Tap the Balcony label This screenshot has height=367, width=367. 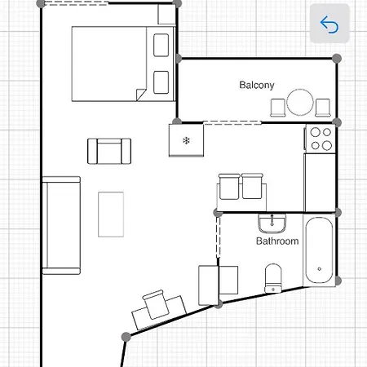coord(256,85)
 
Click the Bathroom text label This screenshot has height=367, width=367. coord(277,241)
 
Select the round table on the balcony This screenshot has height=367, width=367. coord(299,103)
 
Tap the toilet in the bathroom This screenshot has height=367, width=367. coord(273,276)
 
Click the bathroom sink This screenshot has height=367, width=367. coord(271,223)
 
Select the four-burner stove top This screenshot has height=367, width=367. coord(321,139)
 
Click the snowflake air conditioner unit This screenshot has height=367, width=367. coord(186,140)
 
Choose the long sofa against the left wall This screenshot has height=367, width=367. coord(62,224)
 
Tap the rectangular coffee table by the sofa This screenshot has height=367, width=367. coord(111,214)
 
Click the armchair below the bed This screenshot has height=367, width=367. coord(109,150)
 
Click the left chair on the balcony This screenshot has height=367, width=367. coord(277,107)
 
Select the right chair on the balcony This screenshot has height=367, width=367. coord(323,107)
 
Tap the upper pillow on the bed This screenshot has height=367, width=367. coord(161,45)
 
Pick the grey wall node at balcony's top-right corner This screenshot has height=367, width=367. coord(338,58)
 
